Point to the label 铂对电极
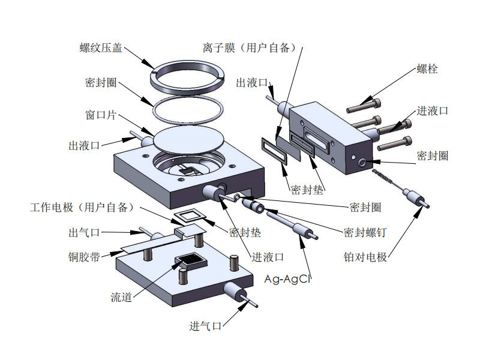[x=365, y=257]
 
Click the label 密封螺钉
[x=364, y=232]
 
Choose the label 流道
[x=121, y=297]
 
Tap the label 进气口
[x=206, y=326]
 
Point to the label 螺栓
[x=427, y=68]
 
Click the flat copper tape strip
[x=153, y=242]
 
